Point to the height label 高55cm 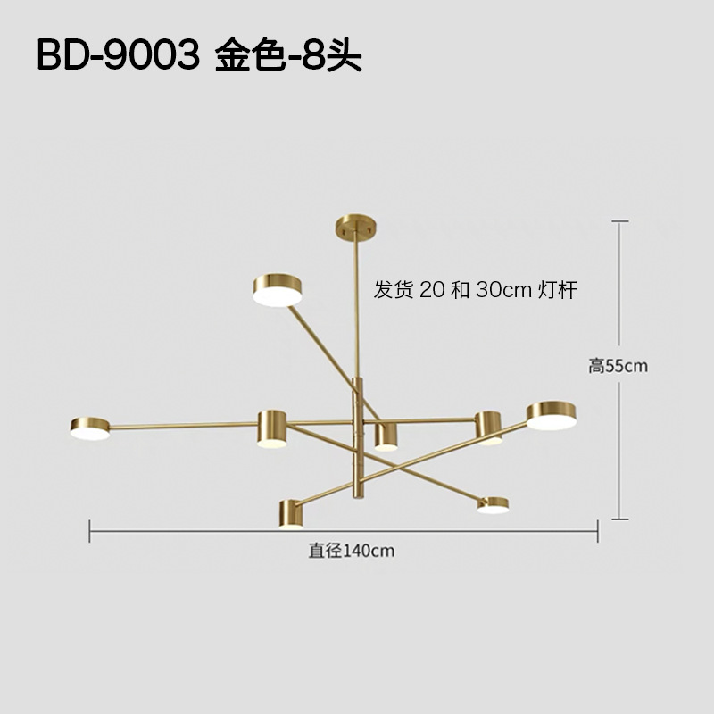tap(618, 365)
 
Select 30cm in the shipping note tap(505, 291)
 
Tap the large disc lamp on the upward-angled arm tap(278, 289)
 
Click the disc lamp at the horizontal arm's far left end tap(90, 428)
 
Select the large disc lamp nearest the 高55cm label tap(552, 415)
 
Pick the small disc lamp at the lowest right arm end tap(493, 505)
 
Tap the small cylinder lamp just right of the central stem tap(386, 436)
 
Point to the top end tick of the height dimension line tap(620, 221)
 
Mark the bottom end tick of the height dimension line tap(620, 518)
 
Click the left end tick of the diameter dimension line tap(90, 531)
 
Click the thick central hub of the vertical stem tap(358, 411)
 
